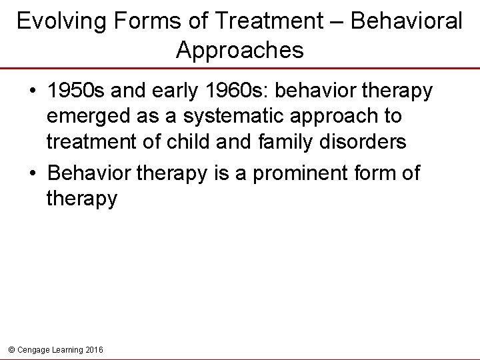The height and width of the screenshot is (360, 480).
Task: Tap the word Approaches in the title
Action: pyautogui.click(x=240, y=50)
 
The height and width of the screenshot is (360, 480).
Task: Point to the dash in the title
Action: pyautogui.click(x=334, y=23)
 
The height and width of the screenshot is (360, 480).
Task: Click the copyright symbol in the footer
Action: pyautogui.click(x=7, y=350)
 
